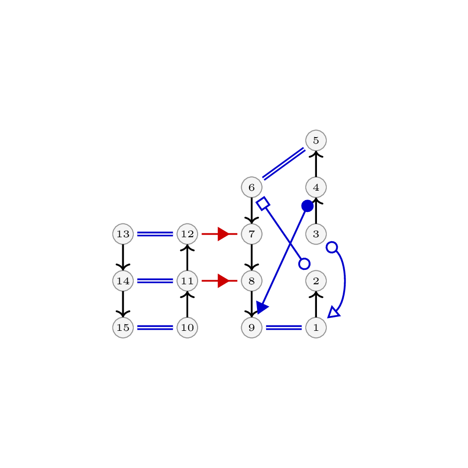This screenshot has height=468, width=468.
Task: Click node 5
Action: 316,140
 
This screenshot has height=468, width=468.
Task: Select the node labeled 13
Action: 123,234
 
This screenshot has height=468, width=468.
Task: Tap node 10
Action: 187,327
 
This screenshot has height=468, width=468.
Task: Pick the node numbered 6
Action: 252,187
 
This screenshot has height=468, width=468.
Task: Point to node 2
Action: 316,281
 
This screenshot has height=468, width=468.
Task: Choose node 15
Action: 123,327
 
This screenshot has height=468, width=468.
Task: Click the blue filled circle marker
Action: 308,206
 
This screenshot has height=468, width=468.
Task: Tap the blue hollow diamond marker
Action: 263,204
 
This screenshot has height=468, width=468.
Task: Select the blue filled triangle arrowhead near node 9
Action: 262,308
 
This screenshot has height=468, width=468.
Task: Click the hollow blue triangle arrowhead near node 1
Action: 334,312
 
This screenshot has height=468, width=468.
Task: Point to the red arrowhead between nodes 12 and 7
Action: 223,234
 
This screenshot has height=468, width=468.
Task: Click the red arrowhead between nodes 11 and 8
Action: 223,281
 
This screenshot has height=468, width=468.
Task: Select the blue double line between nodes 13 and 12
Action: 155,234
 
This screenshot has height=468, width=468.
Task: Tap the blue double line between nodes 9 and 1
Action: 284,327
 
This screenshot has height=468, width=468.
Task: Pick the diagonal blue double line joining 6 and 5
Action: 284,164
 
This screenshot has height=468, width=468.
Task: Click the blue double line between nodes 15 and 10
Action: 155,327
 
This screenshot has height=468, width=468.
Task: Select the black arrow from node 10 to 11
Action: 187,304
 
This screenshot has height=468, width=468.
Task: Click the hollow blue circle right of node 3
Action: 332,247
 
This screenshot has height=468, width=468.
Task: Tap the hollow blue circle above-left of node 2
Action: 304,264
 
